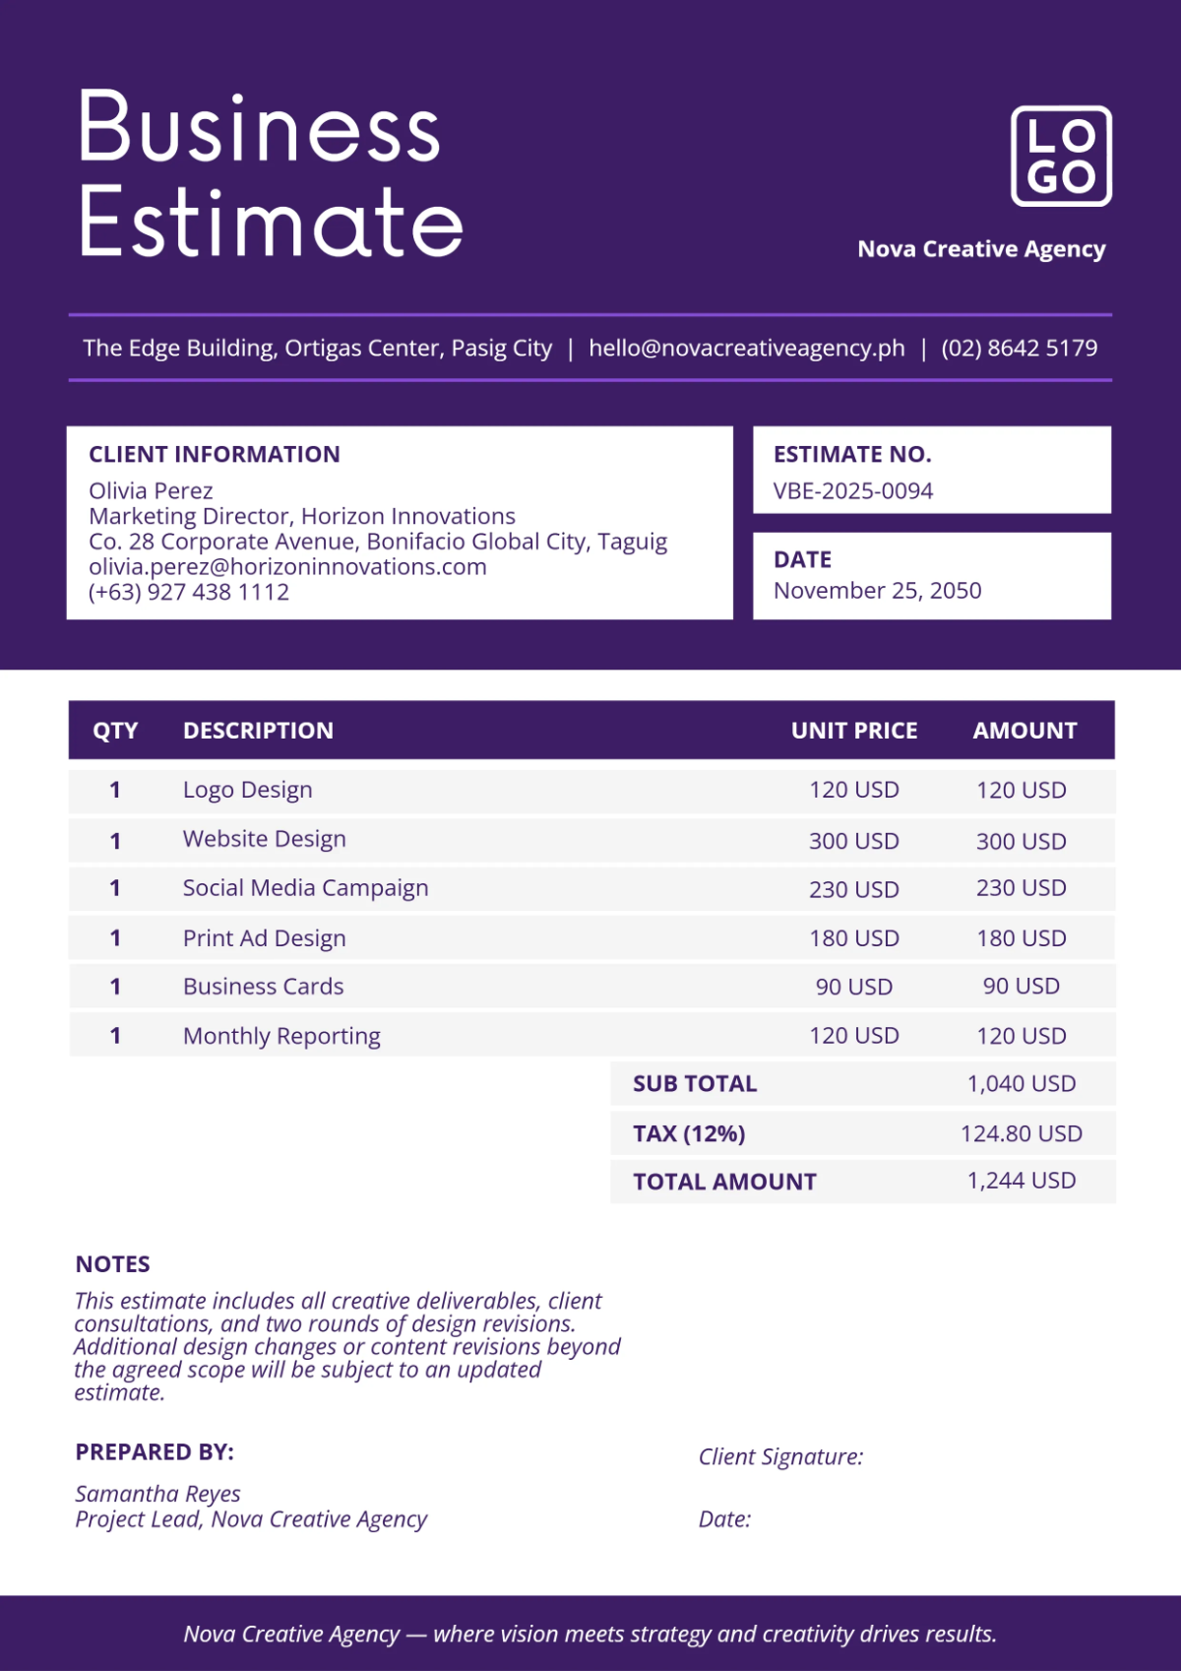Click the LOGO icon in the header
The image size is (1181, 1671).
[1061, 157]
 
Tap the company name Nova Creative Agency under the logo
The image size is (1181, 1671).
[981, 249]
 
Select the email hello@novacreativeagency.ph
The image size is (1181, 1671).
[746, 349]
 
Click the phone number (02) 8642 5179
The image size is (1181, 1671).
[1019, 349]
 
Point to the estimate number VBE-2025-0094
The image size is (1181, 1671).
[852, 491]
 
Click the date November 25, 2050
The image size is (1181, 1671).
[877, 591]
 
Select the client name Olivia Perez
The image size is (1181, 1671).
[151, 491]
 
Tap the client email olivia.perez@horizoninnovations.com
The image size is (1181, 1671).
[287, 567]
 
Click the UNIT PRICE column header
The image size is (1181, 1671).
[853, 731]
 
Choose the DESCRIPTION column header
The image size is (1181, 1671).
[258, 731]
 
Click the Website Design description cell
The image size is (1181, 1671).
[264, 839]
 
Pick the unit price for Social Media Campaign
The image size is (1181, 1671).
[853, 889]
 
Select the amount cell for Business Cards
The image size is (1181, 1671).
[1021, 987]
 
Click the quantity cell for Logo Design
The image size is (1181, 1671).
[115, 790]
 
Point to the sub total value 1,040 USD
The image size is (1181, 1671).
[1021, 1084]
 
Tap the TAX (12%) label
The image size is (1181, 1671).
[689, 1133]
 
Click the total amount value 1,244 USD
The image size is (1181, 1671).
[1021, 1181]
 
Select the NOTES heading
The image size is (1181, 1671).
[113, 1264]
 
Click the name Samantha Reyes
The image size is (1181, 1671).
[157, 1494]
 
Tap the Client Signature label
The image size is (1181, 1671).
[780, 1457]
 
